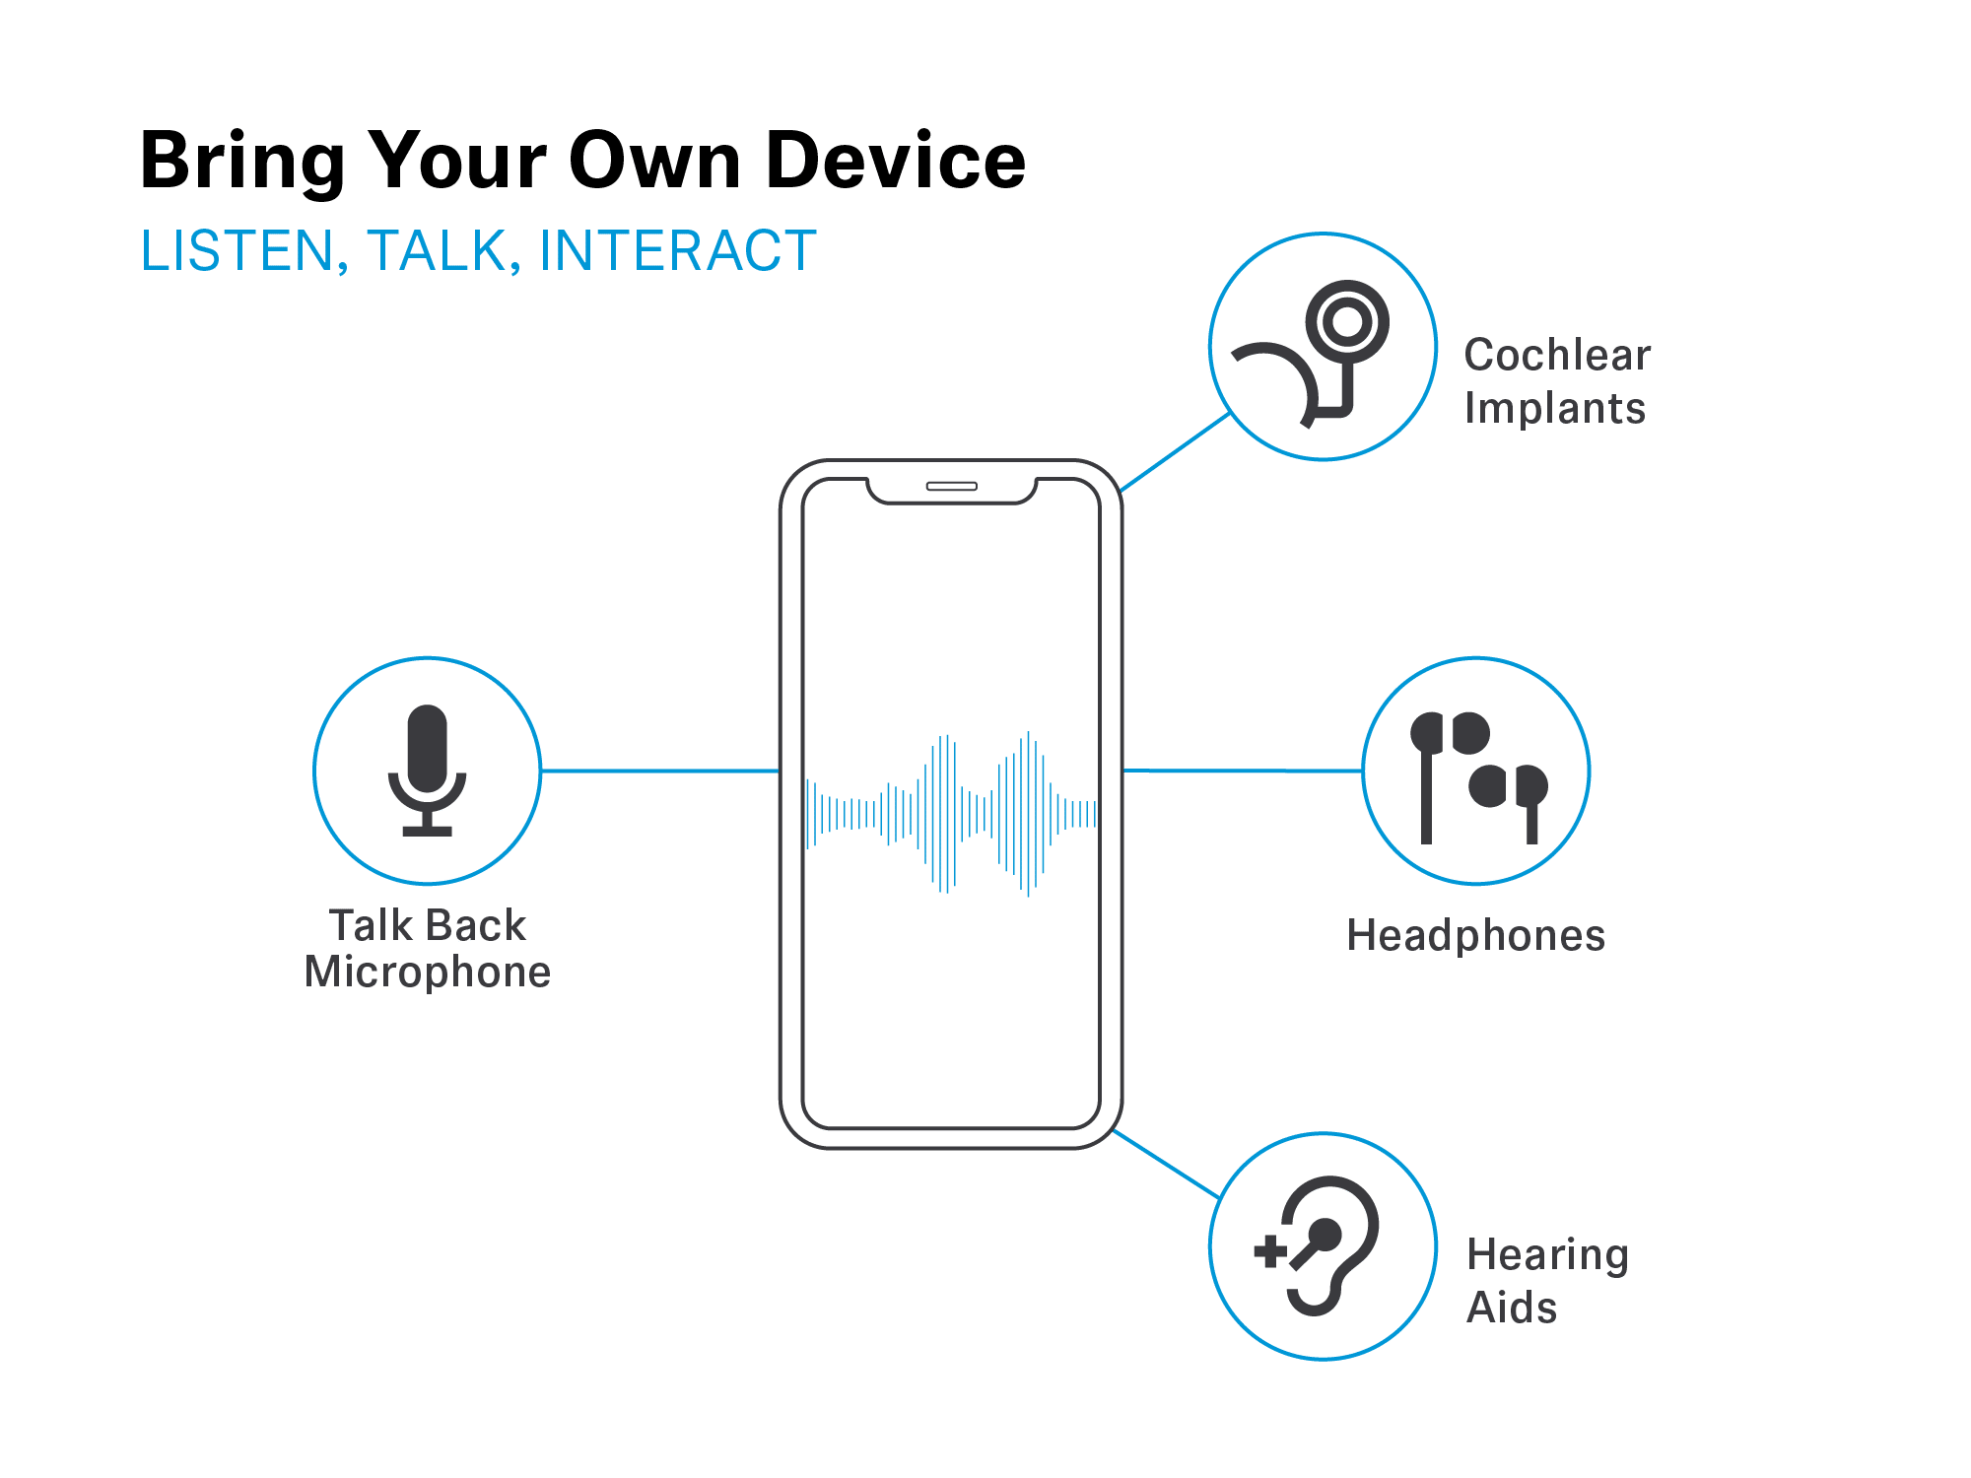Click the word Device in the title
point(895,160)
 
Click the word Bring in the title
point(242,162)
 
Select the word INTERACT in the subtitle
point(678,250)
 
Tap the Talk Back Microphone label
point(427,948)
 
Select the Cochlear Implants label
point(1556,381)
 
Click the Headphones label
point(1475,935)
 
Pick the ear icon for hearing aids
point(1330,1244)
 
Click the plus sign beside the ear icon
point(1269,1251)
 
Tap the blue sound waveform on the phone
point(951,814)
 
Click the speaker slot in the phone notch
point(951,486)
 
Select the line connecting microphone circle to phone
point(659,771)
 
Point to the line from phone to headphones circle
point(1242,771)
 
